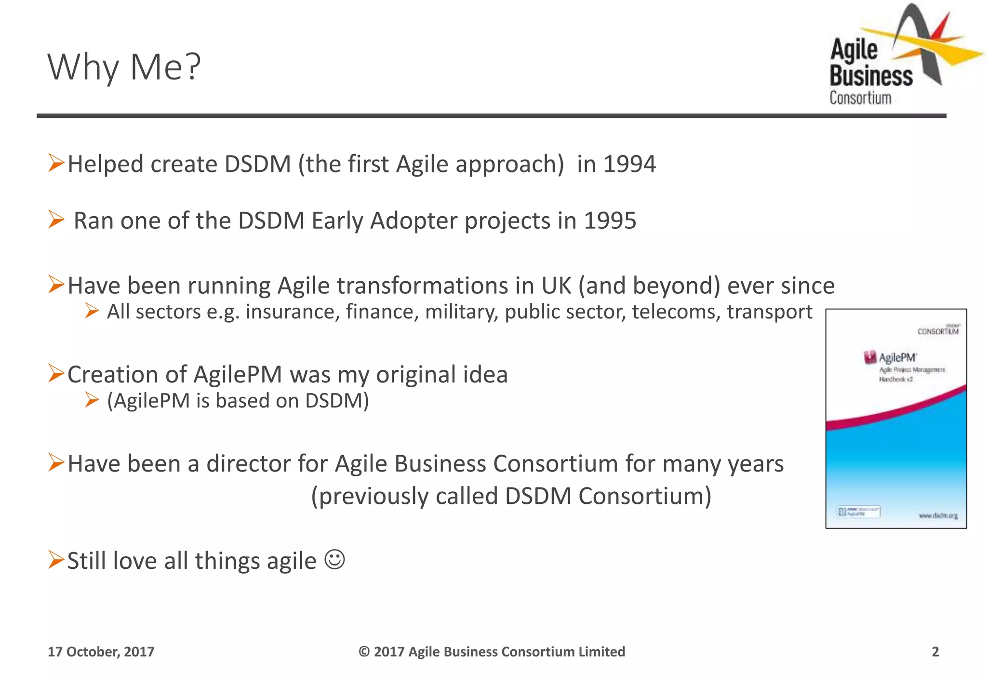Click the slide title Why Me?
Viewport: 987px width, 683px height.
point(124,67)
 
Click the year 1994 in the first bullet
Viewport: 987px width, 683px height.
point(629,164)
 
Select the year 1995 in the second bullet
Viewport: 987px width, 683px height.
point(610,221)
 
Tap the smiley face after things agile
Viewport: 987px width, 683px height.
point(334,560)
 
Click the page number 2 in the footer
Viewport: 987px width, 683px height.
point(935,652)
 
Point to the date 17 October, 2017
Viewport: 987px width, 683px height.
point(101,652)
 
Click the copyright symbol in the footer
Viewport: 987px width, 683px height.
point(364,652)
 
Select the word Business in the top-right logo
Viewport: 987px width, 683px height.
point(871,76)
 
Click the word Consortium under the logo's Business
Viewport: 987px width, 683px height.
point(860,98)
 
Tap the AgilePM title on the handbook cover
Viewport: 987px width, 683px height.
point(896,357)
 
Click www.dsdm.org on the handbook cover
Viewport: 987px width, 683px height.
point(938,516)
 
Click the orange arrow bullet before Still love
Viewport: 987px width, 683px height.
point(56,560)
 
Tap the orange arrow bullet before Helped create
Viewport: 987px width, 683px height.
point(56,163)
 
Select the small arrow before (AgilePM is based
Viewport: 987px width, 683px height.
point(92,400)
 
